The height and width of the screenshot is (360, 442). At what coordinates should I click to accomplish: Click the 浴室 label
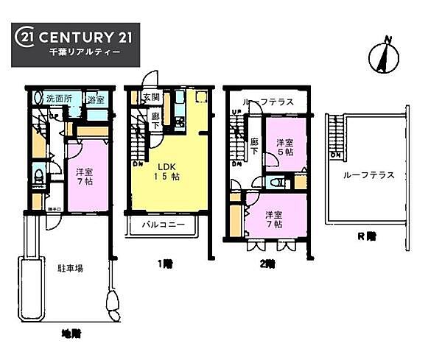pyautogui.click(x=94, y=99)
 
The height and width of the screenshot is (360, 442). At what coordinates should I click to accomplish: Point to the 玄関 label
pyautogui.click(x=151, y=97)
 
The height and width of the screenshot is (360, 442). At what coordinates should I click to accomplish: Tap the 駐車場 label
pyautogui.click(x=71, y=269)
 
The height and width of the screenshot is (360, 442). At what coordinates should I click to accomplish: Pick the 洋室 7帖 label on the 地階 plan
pyautogui.click(x=83, y=176)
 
